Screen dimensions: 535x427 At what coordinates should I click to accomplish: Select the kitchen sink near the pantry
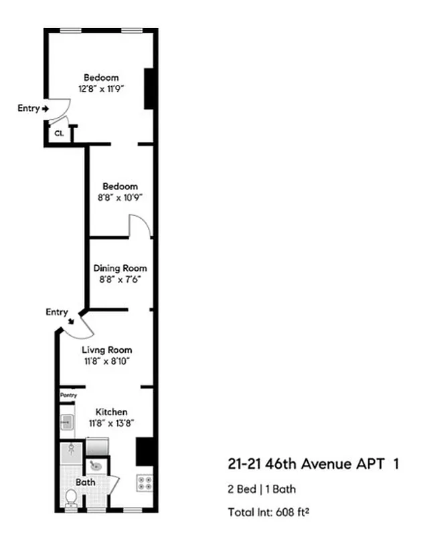(67, 423)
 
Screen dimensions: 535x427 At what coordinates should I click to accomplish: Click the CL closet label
(59, 133)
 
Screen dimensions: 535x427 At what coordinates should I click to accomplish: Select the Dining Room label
(120, 268)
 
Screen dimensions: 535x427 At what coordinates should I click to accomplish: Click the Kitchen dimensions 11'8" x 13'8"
(111, 423)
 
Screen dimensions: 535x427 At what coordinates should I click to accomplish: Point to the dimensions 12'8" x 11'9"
(102, 88)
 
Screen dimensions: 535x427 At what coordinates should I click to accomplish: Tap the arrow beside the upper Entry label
(45, 108)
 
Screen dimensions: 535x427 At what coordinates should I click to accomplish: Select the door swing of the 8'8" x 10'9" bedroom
(139, 226)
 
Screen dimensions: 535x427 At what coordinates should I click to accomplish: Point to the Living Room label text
(107, 350)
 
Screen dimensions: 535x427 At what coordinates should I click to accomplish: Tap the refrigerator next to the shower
(96, 446)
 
